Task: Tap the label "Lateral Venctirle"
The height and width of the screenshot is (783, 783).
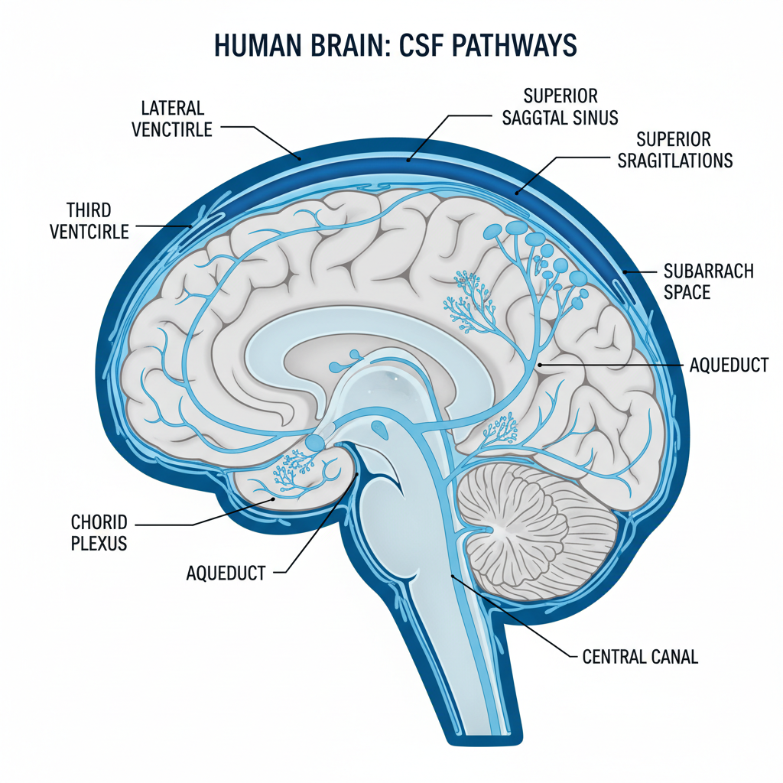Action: tap(171, 119)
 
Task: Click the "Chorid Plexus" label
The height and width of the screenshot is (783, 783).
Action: tap(99, 533)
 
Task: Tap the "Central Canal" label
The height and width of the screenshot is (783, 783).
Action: tap(640, 657)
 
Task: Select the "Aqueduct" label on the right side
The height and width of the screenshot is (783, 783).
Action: tap(728, 366)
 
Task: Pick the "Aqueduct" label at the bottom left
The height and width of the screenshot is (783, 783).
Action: tap(226, 571)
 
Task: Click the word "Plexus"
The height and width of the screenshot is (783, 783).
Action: tap(99, 544)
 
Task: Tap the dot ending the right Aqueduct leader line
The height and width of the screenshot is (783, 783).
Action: tap(541, 366)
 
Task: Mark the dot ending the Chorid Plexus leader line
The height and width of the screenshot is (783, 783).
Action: tap(275, 498)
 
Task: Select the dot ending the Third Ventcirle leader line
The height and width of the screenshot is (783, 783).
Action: tap(190, 226)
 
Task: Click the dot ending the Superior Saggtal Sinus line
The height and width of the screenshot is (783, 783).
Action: tap(409, 161)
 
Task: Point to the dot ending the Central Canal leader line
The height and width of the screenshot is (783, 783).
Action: tap(453, 576)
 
